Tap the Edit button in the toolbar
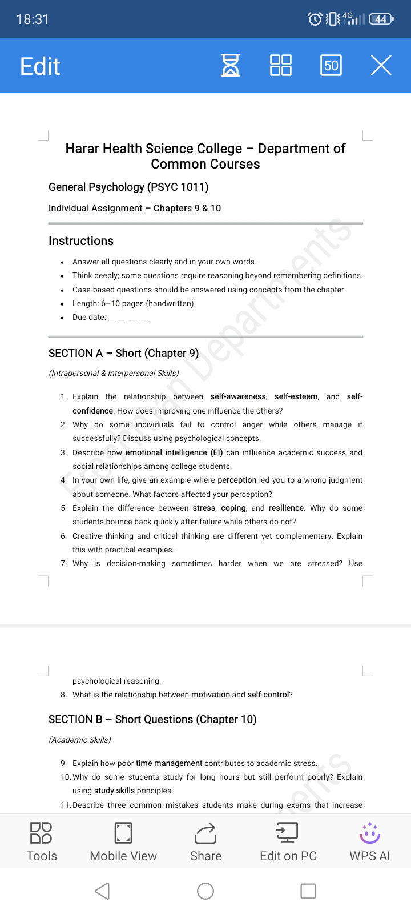coord(40,66)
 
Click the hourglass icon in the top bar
coord(231,65)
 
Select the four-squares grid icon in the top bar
coord(280,65)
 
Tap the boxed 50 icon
coord(331,65)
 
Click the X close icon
coord(381,65)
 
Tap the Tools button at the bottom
coord(41,841)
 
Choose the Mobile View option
coord(123,841)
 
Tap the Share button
coord(205,841)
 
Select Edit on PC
coord(288,841)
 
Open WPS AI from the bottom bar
coord(370,841)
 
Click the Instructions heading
coord(81,241)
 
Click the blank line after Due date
coord(128,318)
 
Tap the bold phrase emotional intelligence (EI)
coord(174,452)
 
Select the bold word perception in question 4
coord(237,480)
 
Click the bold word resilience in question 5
coord(286,508)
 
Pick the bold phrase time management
coord(169,763)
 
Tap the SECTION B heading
coord(152,719)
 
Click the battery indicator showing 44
coord(381,19)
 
